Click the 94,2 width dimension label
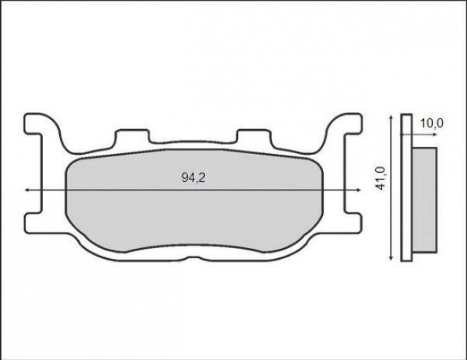coord(193,178)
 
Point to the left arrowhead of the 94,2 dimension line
coord(29,190)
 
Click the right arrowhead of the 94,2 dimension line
coord(360,190)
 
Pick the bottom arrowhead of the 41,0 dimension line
coord(389,257)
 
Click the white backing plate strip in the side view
coord(405,190)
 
